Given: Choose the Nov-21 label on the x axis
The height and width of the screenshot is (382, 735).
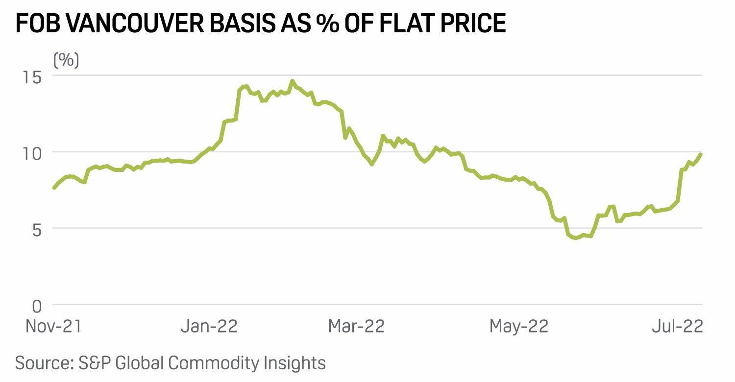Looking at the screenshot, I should coord(54,326).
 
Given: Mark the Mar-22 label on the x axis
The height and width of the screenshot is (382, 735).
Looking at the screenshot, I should coord(356,326).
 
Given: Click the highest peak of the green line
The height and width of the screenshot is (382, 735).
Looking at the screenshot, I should coord(292,81).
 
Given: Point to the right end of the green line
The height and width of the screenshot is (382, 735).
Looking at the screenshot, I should coord(701,154).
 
